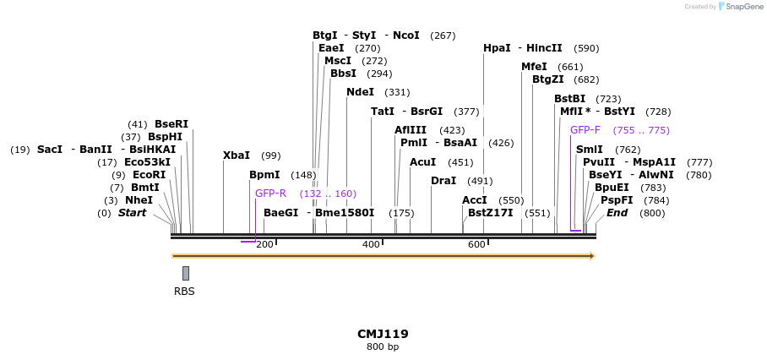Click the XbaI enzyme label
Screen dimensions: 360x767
point(237,155)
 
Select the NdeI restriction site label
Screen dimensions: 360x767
point(360,92)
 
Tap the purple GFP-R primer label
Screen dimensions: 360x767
point(271,194)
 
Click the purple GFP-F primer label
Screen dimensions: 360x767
point(585,130)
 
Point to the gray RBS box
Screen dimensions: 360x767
point(186,273)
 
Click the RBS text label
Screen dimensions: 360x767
point(184,292)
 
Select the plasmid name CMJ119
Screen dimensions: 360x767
point(383,334)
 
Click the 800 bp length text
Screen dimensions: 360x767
point(383,347)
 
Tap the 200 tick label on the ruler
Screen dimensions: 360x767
point(264,245)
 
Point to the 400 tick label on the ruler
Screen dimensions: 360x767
point(371,245)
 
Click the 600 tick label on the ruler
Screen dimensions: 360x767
point(476,245)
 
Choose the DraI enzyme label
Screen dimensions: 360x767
point(443,181)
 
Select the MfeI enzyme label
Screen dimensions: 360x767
point(534,67)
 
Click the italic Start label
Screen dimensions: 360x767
point(132,213)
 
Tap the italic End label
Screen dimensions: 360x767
point(617,213)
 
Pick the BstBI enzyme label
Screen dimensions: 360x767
point(570,99)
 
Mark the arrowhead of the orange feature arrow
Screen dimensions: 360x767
point(592,256)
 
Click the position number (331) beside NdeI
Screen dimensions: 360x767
point(396,92)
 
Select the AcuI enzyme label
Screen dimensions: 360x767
point(422,162)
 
